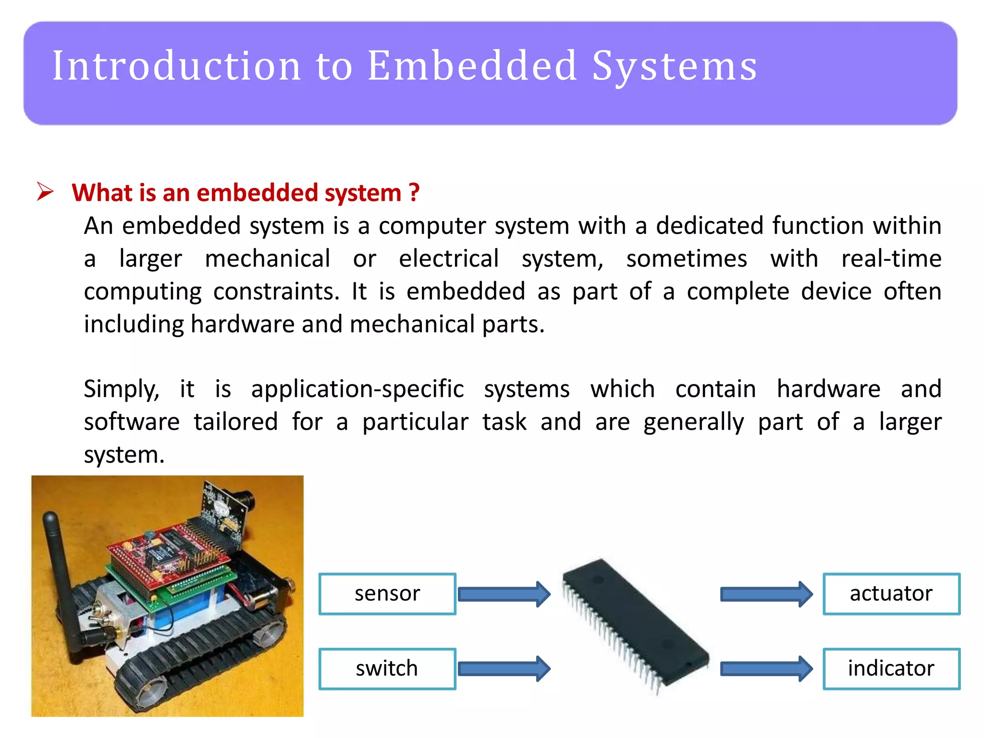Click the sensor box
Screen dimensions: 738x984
click(x=387, y=594)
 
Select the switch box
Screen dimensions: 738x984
click(x=387, y=669)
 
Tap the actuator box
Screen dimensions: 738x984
click(x=891, y=594)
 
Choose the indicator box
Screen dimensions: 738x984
click(x=891, y=669)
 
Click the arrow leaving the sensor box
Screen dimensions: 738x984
click(x=504, y=594)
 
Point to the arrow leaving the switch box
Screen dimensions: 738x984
click(x=504, y=669)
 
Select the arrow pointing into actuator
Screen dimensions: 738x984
click(x=766, y=594)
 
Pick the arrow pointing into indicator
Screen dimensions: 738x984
click(x=766, y=669)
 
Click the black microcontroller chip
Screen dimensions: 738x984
click(x=634, y=625)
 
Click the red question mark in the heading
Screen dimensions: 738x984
click(x=414, y=193)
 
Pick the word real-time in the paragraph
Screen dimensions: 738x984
click(x=891, y=258)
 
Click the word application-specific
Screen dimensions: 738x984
click(x=357, y=389)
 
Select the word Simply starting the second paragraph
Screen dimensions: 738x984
click(x=121, y=389)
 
